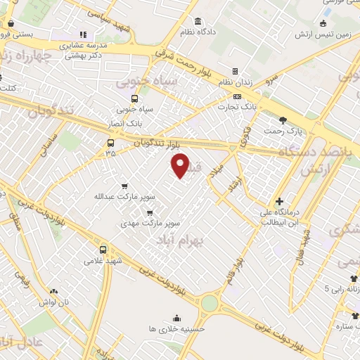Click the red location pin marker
click(x=181, y=166)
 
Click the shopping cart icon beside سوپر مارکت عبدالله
click(x=124, y=186)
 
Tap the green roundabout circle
click(x=210, y=304)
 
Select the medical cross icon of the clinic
click(x=280, y=201)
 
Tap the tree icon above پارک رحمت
click(x=283, y=120)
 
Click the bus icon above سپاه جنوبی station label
click(x=134, y=98)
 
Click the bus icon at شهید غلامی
click(x=103, y=250)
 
